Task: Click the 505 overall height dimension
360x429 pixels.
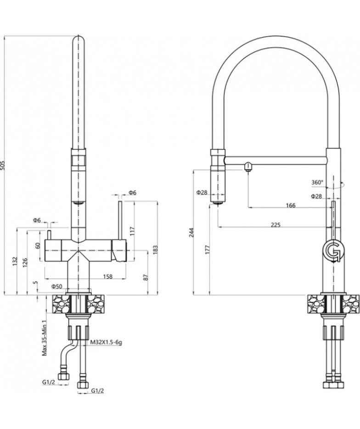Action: click(3, 166)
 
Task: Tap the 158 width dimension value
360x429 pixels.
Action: click(108, 277)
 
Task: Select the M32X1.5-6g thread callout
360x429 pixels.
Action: click(106, 342)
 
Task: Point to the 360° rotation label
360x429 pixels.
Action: click(317, 182)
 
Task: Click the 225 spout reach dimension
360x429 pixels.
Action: click(276, 225)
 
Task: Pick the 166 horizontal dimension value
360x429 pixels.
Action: click(291, 205)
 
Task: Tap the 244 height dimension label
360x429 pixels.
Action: click(191, 232)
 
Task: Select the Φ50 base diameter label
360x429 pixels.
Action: click(57, 286)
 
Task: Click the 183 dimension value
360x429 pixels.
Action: click(155, 249)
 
